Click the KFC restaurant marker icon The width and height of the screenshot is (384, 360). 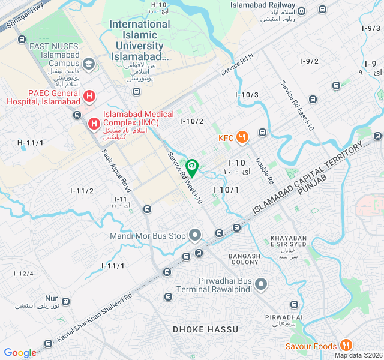[x=242, y=137]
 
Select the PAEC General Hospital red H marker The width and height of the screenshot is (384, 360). [x=89, y=96]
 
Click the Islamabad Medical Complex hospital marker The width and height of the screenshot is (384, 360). [x=94, y=124]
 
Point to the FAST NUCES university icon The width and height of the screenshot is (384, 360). [x=88, y=63]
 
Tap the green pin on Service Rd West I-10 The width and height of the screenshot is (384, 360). [x=192, y=167]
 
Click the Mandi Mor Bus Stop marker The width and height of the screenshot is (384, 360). [x=194, y=235]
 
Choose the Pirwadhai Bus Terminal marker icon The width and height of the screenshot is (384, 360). [x=261, y=283]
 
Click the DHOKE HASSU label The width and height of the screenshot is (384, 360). [x=206, y=329]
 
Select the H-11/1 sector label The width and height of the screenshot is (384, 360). [x=30, y=143]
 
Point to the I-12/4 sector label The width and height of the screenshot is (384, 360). [x=24, y=274]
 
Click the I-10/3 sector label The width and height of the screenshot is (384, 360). [x=247, y=95]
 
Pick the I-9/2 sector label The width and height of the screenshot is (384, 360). [x=309, y=61]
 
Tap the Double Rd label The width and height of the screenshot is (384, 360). [x=264, y=170]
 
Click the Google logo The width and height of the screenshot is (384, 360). [x=20, y=353]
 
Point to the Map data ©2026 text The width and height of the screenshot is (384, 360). [x=358, y=355]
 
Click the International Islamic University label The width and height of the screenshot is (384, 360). [x=140, y=40]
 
